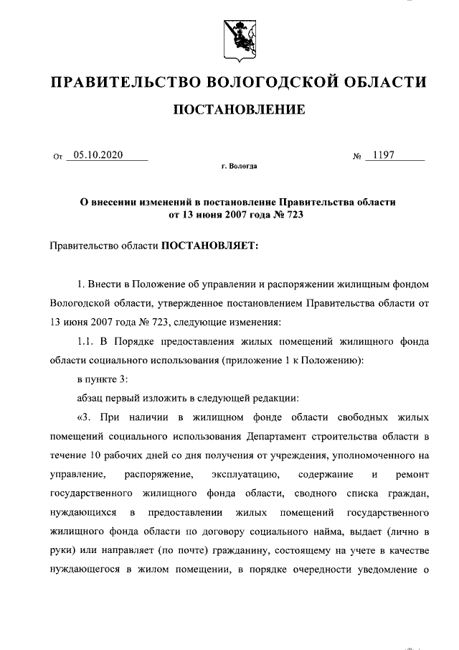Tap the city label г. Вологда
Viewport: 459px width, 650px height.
point(239,166)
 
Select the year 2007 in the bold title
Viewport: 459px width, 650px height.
point(238,213)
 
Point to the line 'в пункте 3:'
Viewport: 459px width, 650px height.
point(103,379)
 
